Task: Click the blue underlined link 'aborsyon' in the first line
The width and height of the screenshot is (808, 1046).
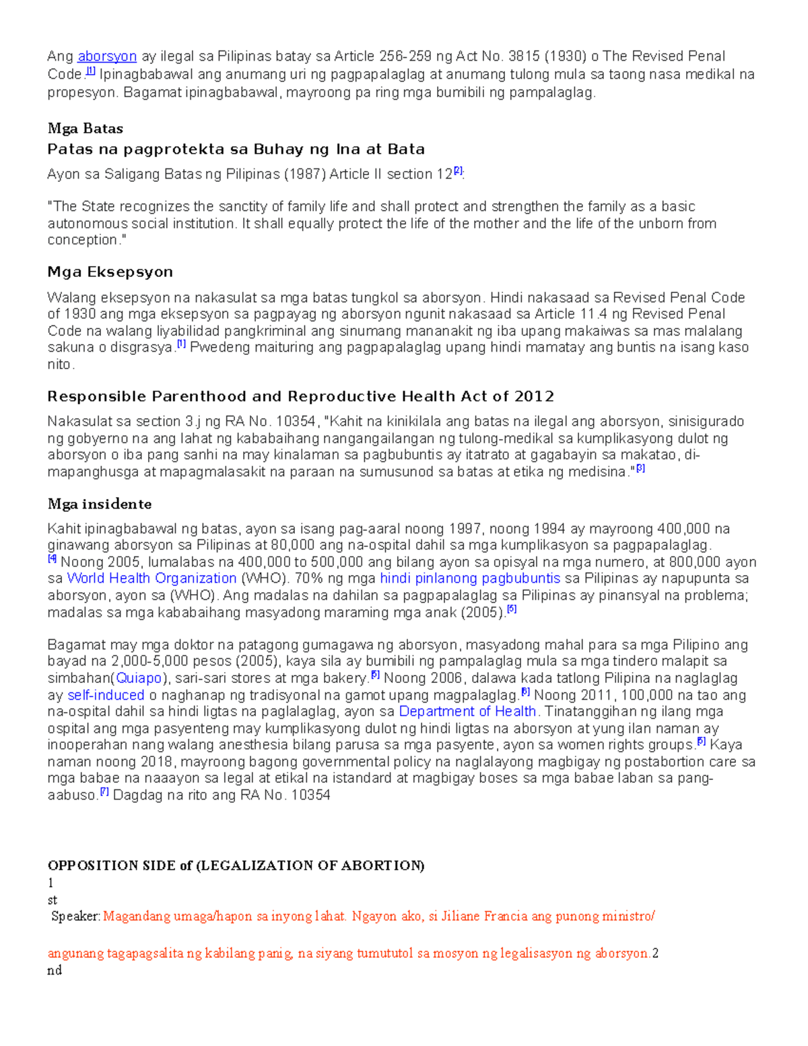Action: click(x=107, y=56)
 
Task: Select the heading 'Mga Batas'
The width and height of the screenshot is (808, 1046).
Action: click(x=85, y=128)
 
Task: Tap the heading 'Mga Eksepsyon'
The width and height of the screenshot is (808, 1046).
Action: click(x=110, y=271)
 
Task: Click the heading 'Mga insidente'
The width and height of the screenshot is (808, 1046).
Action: click(x=99, y=504)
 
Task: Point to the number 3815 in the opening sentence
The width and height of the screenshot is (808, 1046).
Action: click(x=524, y=56)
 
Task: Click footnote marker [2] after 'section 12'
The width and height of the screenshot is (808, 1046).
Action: click(x=458, y=171)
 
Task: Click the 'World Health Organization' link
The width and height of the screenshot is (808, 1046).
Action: click(x=151, y=579)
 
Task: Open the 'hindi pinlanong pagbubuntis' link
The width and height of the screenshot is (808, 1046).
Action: click(x=470, y=579)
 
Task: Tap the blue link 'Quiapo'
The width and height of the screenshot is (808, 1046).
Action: click(x=139, y=678)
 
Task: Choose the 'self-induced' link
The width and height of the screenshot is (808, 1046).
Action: click(x=106, y=695)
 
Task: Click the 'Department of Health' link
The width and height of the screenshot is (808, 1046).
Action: click(x=467, y=711)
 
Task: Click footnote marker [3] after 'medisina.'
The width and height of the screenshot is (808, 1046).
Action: click(x=640, y=469)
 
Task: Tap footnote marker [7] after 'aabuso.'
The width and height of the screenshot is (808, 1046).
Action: click(x=104, y=792)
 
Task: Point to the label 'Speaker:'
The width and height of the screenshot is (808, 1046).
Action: click(x=76, y=916)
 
